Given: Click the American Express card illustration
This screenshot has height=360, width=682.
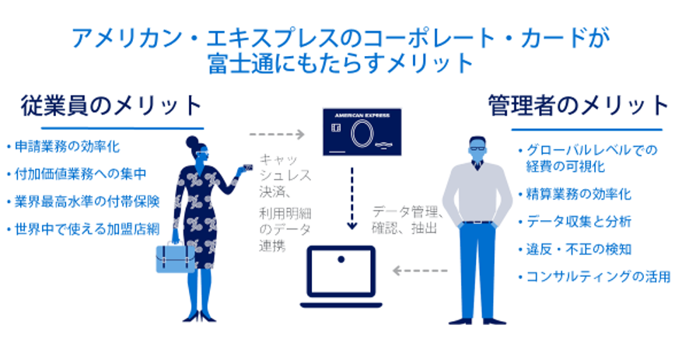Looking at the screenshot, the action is click(362, 131).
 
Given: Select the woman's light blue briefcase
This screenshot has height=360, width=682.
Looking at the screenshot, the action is click(176, 257).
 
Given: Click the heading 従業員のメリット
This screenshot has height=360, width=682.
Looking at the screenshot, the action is click(111, 106).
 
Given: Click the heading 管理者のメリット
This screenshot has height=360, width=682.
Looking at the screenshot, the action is click(578, 106).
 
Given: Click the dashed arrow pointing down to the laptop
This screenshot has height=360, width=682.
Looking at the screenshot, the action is click(351, 198).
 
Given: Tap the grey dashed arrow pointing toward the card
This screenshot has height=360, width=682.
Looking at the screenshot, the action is click(277, 134).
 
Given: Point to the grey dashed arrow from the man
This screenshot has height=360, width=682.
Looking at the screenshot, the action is click(420, 271).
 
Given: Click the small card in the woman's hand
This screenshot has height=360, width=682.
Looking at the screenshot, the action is click(247, 167).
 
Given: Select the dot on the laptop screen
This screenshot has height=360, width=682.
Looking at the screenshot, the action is click(341, 260).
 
